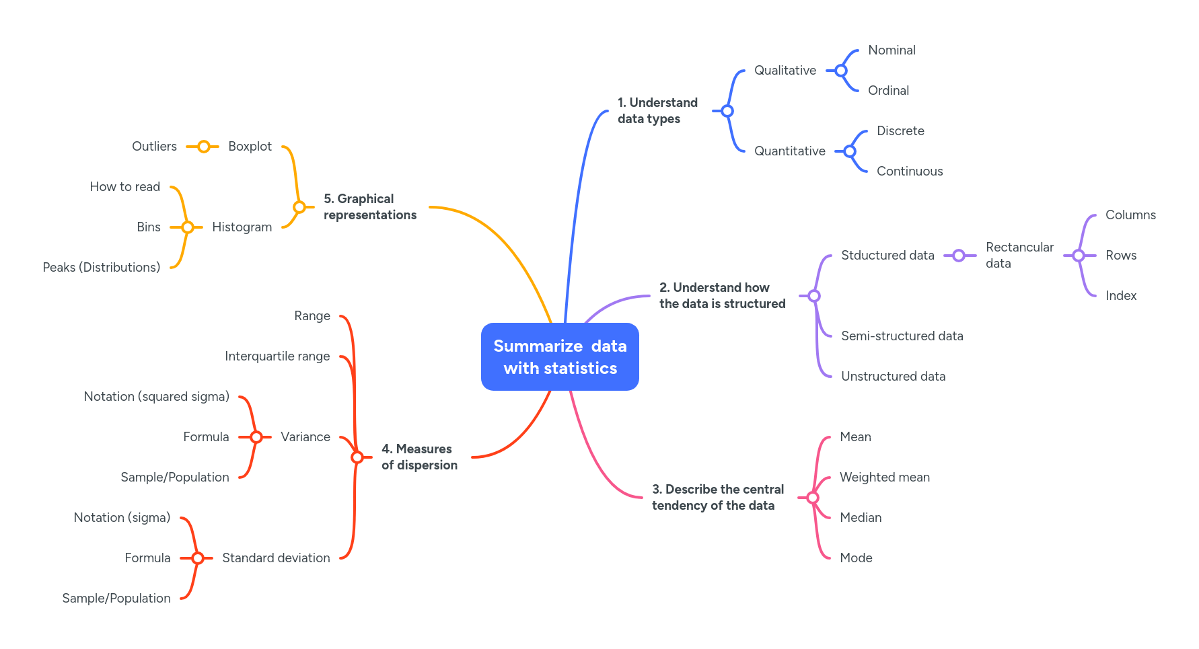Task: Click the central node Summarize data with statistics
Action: pyautogui.click(x=560, y=356)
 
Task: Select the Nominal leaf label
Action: pyautogui.click(x=892, y=50)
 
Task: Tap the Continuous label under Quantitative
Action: pyautogui.click(x=910, y=171)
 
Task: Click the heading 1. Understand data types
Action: pyautogui.click(x=657, y=111)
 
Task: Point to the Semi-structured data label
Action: pyautogui.click(x=902, y=336)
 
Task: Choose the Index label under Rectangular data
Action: pyautogui.click(x=1121, y=296)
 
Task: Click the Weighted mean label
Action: pyautogui.click(x=885, y=478)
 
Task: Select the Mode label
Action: pyautogui.click(x=856, y=558)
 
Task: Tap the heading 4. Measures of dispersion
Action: pyautogui.click(x=419, y=457)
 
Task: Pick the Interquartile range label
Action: pyautogui.click(x=277, y=356)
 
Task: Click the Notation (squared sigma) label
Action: pyautogui.click(x=156, y=397)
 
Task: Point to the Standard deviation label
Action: pyautogui.click(x=276, y=558)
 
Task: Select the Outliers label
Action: pyautogui.click(x=154, y=147)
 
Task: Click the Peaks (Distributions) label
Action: pyautogui.click(x=101, y=268)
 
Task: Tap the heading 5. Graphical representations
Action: pyautogui.click(x=370, y=207)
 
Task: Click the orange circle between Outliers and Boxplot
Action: pyautogui.click(x=203, y=147)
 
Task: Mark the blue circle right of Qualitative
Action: pyautogui.click(x=841, y=71)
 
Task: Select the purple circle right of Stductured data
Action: pyautogui.click(x=959, y=256)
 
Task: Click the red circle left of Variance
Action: pyautogui.click(x=256, y=437)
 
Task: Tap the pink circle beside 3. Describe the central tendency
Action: pyautogui.click(x=813, y=498)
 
